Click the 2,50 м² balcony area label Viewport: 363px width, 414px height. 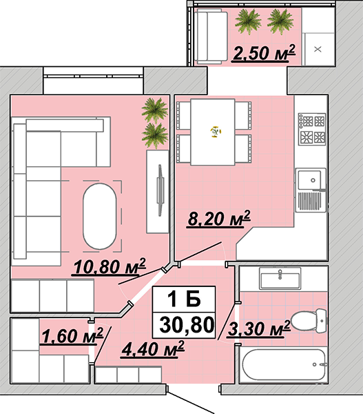pyautogui.click(x=264, y=53)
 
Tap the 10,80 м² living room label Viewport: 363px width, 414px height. pyautogui.click(x=110, y=266)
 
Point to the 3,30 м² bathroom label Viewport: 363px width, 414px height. pyautogui.click(x=259, y=328)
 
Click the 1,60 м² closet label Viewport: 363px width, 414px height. pyautogui.click(x=72, y=336)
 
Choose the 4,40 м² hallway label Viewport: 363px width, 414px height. pyautogui.click(x=153, y=349)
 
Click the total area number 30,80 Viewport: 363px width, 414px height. pyautogui.click(x=187, y=325)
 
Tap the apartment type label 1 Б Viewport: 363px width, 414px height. pyautogui.click(x=185, y=299)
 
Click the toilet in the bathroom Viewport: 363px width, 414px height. pyautogui.click(x=309, y=321)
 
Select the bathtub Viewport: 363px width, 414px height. pyautogui.click(x=284, y=364)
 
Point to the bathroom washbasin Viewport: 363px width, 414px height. pyautogui.click(x=280, y=279)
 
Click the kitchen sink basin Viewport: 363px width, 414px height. pyautogui.click(x=309, y=180)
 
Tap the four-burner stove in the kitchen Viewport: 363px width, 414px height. pyautogui.click(x=312, y=129)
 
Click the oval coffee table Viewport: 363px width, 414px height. pyautogui.click(x=100, y=216)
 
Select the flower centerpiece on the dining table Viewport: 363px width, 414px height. pyautogui.click(x=216, y=131)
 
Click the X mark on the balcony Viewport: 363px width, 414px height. pyautogui.click(x=318, y=49)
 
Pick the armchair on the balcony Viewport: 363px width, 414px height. pyautogui.click(x=212, y=37)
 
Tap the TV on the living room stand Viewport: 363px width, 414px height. pyautogui.click(x=160, y=190)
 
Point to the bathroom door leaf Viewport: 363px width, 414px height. pyautogui.click(x=227, y=322)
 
